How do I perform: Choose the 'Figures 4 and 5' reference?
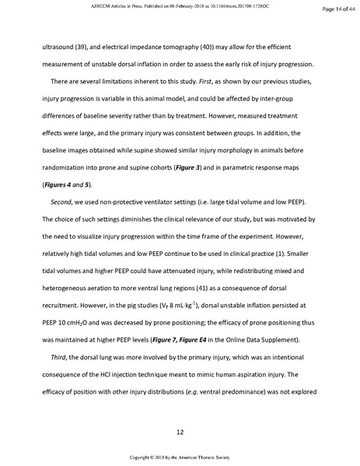[65, 185]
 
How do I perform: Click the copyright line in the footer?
[180, 457]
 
